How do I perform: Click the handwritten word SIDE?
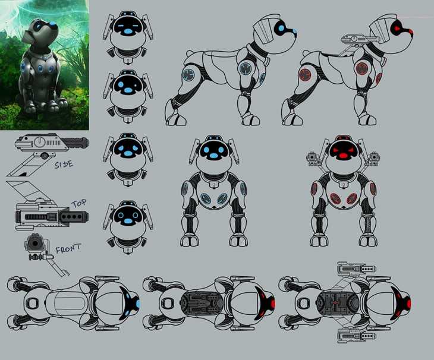64,165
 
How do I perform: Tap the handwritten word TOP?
79,204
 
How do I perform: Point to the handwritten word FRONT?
68,248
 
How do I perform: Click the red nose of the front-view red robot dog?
342,156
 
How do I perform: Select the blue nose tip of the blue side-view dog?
294,31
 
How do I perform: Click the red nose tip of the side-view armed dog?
411,31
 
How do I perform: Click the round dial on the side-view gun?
40,142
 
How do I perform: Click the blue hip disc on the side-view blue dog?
189,75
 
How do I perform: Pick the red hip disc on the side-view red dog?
306,75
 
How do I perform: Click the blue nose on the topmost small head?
128,31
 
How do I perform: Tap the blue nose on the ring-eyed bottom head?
128,221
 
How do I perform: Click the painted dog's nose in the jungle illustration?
53,26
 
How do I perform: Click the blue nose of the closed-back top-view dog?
138,304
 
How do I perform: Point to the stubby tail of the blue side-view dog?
190,53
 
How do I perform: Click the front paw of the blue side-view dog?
251,119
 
